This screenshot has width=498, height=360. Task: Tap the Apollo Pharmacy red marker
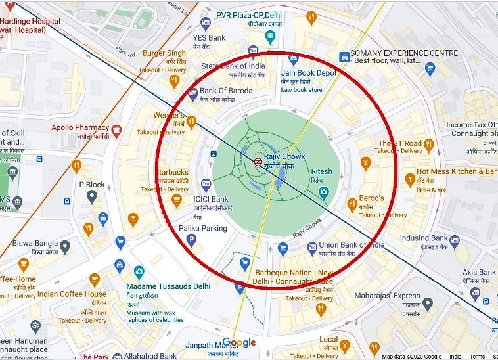[x=117, y=129]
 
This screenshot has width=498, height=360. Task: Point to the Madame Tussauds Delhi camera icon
[x=139, y=271]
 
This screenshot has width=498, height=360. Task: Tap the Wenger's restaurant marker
[x=192, y=121]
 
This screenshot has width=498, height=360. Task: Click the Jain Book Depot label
[x=309, y=73]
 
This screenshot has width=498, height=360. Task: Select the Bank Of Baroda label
[x=225, y=91]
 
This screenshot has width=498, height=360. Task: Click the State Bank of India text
[x=233, y=66]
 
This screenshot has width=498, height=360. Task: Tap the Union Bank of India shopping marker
[x=283, y=248]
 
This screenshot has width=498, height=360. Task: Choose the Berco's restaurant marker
[x=366, y=162]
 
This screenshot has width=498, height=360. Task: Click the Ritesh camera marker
[x=323, y=192]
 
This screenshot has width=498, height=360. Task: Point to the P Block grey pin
[x=92, y=196]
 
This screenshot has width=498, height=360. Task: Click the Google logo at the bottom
[x=238, y=342]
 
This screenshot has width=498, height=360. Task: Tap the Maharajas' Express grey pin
[x=428, y=304]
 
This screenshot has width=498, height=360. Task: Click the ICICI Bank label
[x=210, y=199]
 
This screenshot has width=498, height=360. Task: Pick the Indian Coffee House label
[x=72, y=294]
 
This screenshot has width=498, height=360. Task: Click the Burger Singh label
[x=164, y=53]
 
